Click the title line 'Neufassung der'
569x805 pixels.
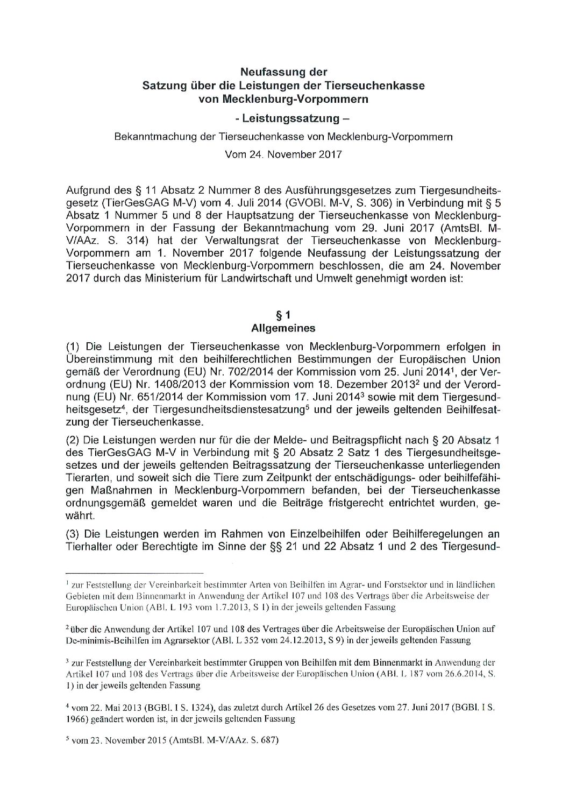[x=283, y=71]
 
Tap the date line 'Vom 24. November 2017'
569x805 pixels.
[x=283, y=155]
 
